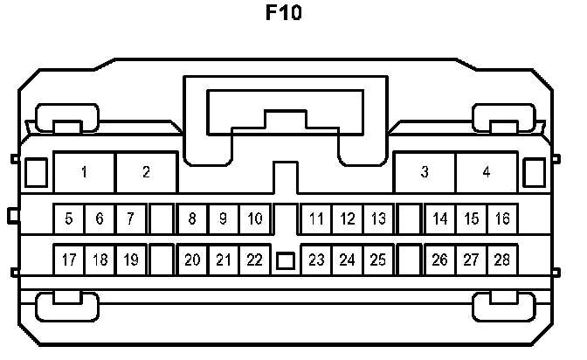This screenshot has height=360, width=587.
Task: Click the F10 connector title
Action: [x=284, y=15]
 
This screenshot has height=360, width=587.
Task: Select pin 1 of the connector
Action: [x=84, y=172]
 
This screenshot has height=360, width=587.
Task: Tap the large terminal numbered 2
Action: [x=146, y=172]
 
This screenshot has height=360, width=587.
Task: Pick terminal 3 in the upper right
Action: [x=425, y=172]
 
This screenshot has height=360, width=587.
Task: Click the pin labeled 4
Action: [x=487, y=172]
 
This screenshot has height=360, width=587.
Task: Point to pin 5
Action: [x=69, y=218]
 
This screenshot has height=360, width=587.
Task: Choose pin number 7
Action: [x=130, y=218]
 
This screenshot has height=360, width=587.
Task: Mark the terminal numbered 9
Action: [x=223, y=218]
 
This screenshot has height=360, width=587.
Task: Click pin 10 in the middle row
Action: [x=253, y=218]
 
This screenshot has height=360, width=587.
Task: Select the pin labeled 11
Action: [x=316, y=218]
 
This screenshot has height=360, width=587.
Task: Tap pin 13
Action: [x=377, y=218]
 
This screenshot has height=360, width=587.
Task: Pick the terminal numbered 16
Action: [x=501, y=218]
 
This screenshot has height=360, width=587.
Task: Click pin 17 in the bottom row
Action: [x=69, y=260]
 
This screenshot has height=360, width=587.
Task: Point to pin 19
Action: [x=130, y=260]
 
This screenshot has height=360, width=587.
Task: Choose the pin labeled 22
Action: [x=253, y=260]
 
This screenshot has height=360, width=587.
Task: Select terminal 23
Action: [x=316, y=260]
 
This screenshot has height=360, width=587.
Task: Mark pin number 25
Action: [x=377, y=260]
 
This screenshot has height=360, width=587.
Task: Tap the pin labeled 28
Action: [x=501, y=260]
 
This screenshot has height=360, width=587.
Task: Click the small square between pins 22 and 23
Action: [x=285, y=260]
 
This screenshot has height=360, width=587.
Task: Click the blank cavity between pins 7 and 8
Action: [x=161, y=218]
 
